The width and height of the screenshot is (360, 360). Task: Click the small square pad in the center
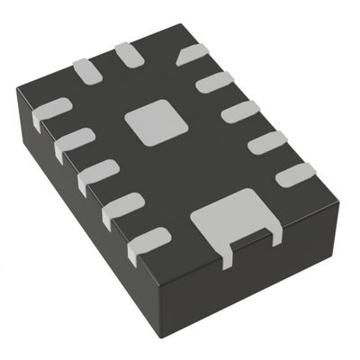(149, 123)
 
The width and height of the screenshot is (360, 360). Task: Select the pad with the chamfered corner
(193, 56)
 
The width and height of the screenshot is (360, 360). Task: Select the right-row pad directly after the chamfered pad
(214, 84)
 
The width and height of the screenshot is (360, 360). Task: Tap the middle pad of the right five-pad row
(240, 112)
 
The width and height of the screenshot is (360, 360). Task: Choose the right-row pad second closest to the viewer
(267, 142)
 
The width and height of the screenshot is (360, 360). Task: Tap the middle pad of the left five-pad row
(97, 175)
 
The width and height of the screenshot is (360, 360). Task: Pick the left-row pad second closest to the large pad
(122, 210)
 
